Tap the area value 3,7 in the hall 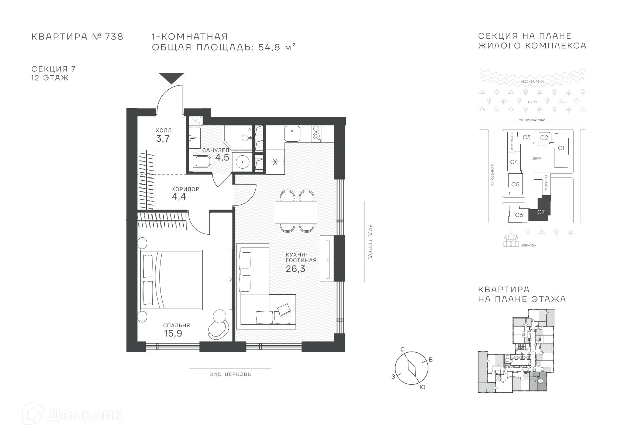tap(163, 139)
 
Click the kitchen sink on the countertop tap(292, 134)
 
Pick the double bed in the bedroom tap(170, 280)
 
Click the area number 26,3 tap(296, 269)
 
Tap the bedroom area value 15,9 tap(173, 333)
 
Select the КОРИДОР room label tap(185, 189)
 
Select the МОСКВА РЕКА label tap(532, 82)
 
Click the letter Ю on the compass tap(422, 387)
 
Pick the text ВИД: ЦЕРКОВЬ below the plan tap(230, 374)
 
